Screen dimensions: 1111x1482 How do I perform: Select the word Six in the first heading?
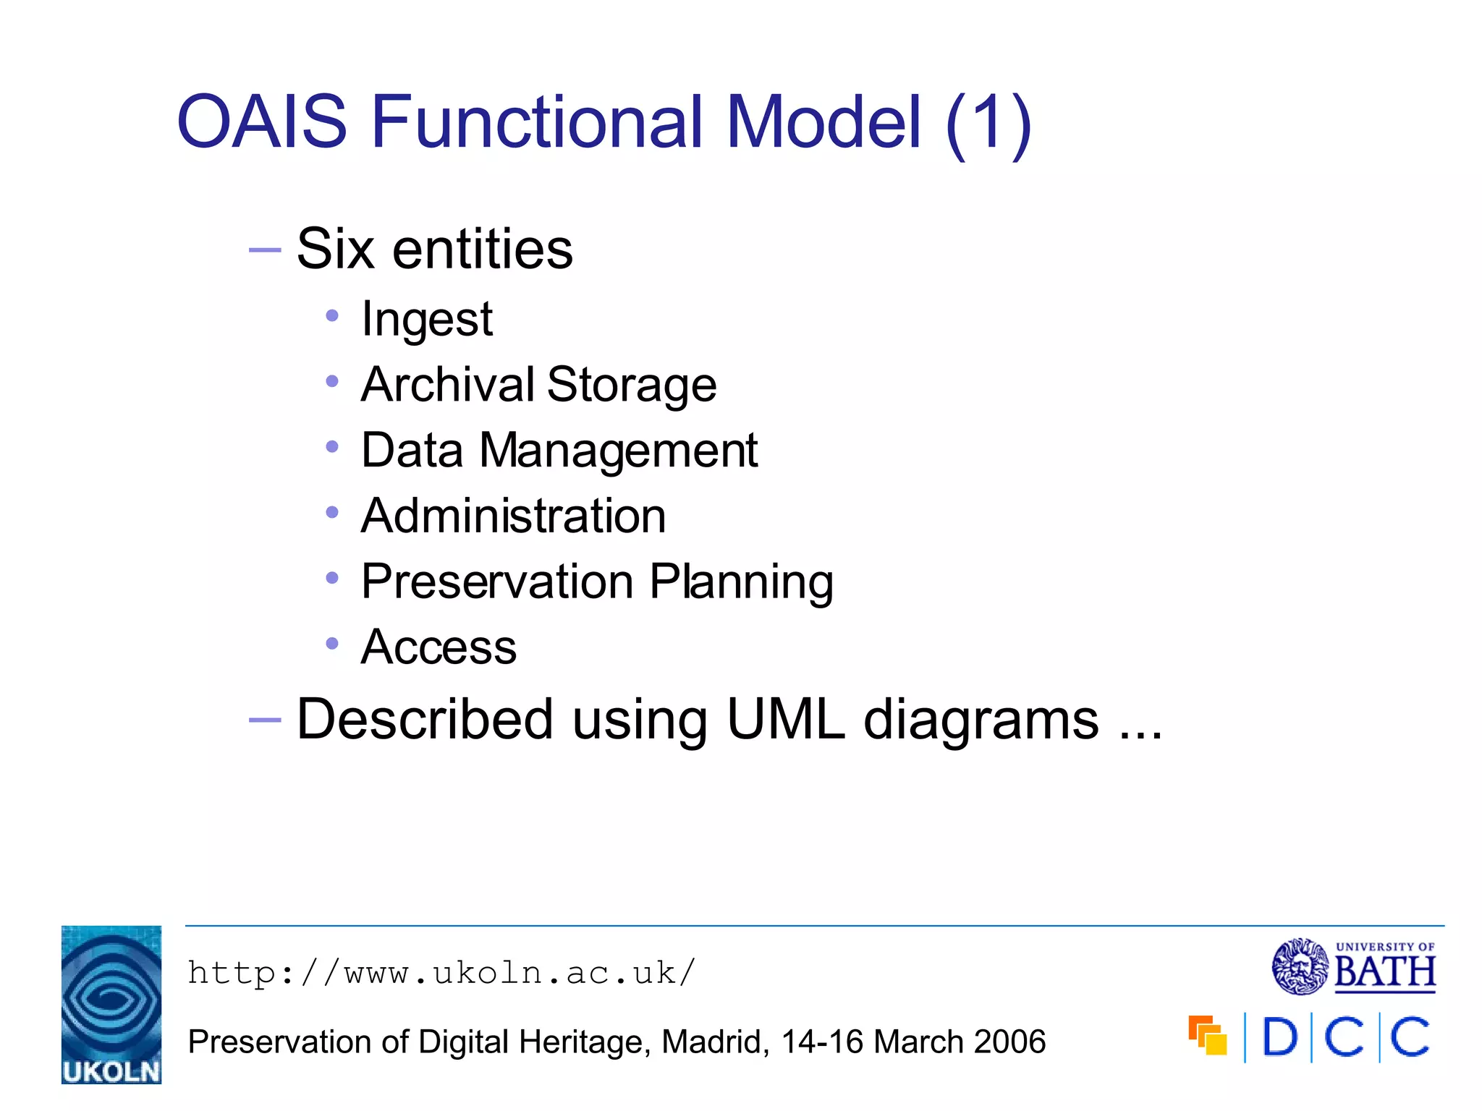(336, 249)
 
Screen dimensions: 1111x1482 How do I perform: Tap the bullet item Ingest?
(427, 319)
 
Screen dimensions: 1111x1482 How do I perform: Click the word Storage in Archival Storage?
(632, 385)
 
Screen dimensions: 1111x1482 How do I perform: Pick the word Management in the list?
(619, 451)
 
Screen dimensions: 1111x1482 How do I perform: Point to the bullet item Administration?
(513, 516)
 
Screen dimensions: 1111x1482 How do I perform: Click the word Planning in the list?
(741, 582)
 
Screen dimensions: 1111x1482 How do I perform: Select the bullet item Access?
(439, 647)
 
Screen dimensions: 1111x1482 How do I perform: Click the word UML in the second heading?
(785, 720)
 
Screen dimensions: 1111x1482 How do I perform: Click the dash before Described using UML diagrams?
(264, 720)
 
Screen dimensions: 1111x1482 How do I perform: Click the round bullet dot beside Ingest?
(332, 315)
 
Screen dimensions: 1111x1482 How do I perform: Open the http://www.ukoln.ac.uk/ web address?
(441, 973)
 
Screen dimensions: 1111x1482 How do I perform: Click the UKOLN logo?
(111, 1005)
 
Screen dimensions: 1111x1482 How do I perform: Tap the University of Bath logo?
(1353, 966)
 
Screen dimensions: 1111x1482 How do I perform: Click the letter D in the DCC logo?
(1279, 1037)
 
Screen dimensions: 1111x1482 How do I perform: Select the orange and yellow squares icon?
(1207, 1036)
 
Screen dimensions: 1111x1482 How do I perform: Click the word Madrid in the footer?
(714, 1042)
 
